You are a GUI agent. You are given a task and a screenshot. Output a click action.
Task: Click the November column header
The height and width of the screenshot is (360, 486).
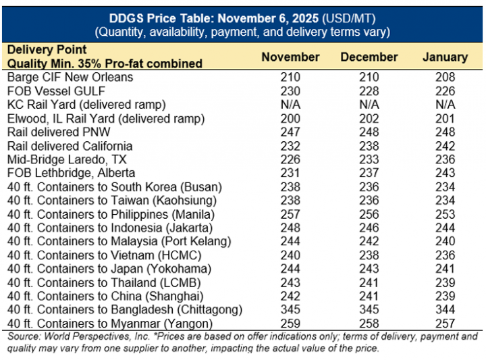click(290, 57)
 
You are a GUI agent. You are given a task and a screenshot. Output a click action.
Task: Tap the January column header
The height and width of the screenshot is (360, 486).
click(445, 57)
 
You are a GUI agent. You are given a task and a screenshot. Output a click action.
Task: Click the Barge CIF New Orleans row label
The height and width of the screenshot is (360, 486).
click(70, 77)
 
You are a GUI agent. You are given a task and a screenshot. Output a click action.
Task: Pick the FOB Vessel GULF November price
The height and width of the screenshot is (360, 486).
click(290, 91)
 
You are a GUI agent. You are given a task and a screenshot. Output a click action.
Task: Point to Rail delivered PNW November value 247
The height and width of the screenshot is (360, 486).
click(290, 132)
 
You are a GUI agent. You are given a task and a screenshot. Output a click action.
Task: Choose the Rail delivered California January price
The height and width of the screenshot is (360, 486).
click(445, 146)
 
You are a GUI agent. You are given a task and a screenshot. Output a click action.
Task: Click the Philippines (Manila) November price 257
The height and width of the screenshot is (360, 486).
click(290, 214)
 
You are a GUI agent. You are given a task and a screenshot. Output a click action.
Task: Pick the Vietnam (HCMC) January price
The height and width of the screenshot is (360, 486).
click(445, 255)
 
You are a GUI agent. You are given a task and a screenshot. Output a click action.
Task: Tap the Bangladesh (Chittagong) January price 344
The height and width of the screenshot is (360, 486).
click(445, 310)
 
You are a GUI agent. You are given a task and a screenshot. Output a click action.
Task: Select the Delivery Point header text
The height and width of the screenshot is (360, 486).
click(47, 50)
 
